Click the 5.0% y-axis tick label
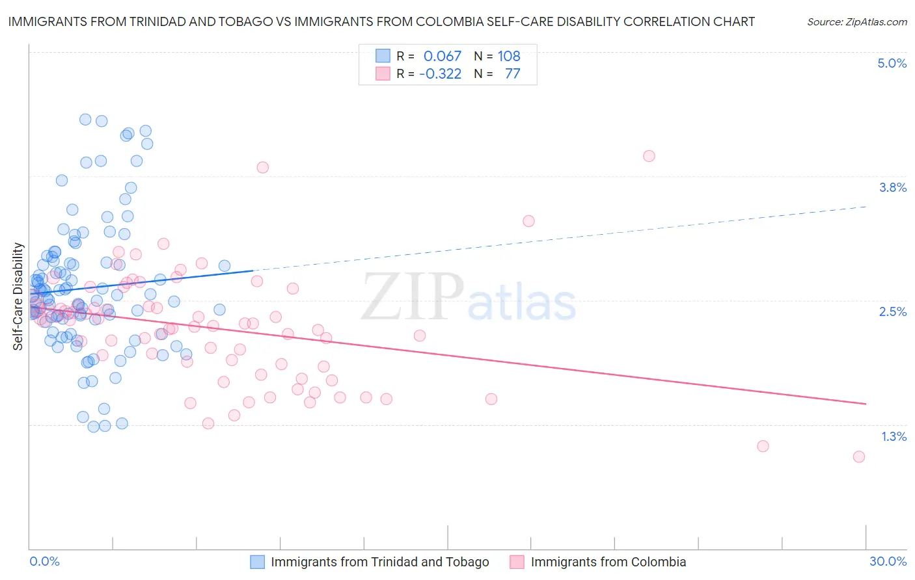(892, 63)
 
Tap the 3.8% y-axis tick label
(892, 187)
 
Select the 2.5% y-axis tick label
(892, 311)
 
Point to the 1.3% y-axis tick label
(894, 436)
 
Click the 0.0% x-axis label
(44, 561)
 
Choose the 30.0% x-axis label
(888, 561)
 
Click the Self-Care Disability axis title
(18, 297)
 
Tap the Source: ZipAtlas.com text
(856, 21)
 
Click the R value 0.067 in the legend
(442, 56)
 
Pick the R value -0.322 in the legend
(440, 73)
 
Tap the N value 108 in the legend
(509, 56)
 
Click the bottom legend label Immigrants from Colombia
(608, 562)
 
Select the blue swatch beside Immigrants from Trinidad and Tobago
(258, 562)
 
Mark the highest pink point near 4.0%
(649, 156)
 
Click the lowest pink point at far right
(859, 456)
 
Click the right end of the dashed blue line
(866, 206)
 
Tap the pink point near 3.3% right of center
(528, 221)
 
